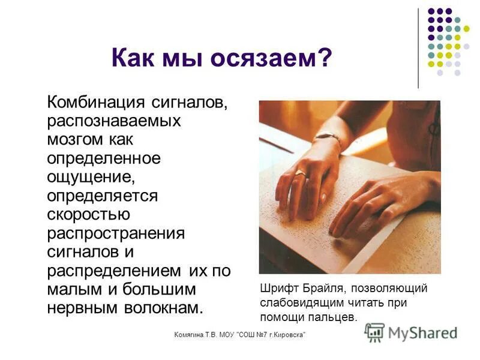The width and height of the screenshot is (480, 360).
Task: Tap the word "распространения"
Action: coord(116,233)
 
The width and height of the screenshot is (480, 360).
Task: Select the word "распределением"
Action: coord(113,271)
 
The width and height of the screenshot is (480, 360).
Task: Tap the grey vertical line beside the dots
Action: coord(418,48)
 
